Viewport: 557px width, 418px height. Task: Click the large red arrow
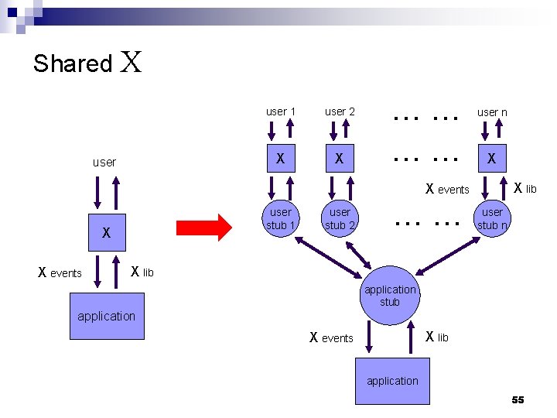click(x=205, y=228)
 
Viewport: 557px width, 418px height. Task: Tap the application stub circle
click(x=390, y=295)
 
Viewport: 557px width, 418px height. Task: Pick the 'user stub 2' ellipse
click(x=340, y=218)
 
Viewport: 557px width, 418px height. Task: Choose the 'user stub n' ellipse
click(x=492, y=218)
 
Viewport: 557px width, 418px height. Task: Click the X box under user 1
click(x=281, y=160)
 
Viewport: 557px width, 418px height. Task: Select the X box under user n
click(x=491, y=160)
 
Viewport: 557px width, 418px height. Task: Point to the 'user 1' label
click(x=281, y=111)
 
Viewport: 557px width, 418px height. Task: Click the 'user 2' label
click(x=340, y=111)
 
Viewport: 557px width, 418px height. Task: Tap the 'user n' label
click(x=492, y=112)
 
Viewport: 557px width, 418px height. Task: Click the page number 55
click(x=518, y=399)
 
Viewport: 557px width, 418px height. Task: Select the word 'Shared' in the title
click(x=73, y=63)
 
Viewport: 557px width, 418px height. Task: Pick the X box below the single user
click(x=107, y=232)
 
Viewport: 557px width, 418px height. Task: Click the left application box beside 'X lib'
click(x=106, y=316)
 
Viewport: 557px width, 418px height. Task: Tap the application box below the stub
click(x=392, y=381)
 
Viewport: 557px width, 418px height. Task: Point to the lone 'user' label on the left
click(x=104, y=163)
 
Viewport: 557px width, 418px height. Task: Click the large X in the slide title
click(x=132, y=62)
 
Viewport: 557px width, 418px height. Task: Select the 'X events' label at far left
click(x=60, y=272)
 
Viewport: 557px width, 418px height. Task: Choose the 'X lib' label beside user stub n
click(x=525, y=189)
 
